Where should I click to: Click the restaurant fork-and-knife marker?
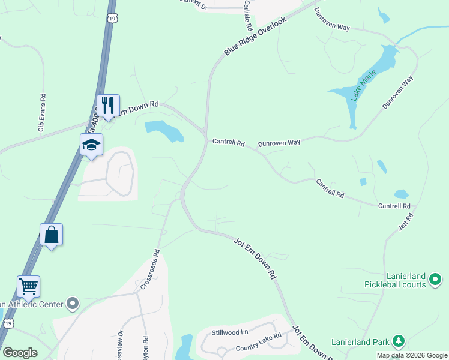coord(108,106)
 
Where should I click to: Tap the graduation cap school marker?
coord(92,145)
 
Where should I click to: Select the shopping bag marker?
coord(52,235)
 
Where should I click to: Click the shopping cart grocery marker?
coord(28,286)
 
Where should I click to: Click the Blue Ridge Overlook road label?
coord(255,37)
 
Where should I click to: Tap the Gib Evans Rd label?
coord(42,112)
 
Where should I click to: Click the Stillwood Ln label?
coord(229,332)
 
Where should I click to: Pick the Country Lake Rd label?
coord(258,343)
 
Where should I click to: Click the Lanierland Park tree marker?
coord(397,341)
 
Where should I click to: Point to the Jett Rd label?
coord(406,220)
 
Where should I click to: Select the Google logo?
coord(19,353)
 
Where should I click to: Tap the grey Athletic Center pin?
coord(73,304)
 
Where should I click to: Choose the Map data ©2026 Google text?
coord(412,355)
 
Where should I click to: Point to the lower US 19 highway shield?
coord(8,323)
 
